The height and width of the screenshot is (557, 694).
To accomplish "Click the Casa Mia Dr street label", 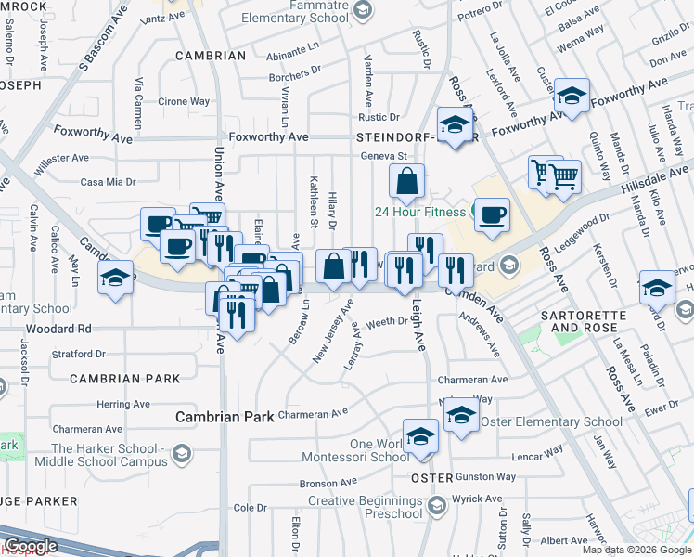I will coord(109,182).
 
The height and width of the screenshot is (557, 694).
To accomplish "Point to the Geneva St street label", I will coord(384,156).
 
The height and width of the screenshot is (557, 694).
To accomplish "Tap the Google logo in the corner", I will coord(31,546).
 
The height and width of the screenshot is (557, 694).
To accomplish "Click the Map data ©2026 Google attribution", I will coord(636,550).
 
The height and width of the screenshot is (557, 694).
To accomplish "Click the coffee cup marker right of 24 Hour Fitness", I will coord(492,214).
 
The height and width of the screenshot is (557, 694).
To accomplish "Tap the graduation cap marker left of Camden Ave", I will coord(115,279).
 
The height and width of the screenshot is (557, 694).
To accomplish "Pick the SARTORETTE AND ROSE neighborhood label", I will coord(585,322).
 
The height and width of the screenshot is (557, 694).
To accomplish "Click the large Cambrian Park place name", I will coord(225,417).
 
